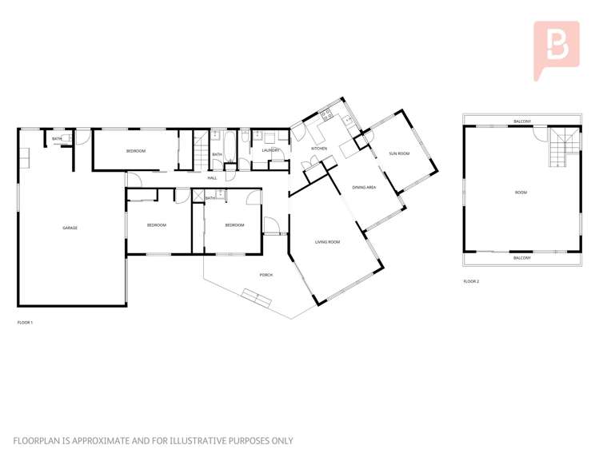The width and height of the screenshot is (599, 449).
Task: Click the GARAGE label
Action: pyautogui.click(x=70, y=228)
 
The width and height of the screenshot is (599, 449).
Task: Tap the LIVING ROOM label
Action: pyautogui.click(x=327, y=241)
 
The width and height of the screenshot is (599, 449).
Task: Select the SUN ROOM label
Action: pyautogui.click(x=399, y=153)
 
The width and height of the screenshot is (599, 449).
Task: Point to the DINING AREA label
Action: pyautogui.click(x=364, y=187)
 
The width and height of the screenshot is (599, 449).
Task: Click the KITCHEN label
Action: pyautogui.click(x=319, y=149)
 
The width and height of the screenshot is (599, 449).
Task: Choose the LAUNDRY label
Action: pyautogui.click(x=270, y=149)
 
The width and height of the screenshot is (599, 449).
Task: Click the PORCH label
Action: pyautogui.click(x=266, y=275)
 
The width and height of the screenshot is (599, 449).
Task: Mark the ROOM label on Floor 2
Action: pyautogui.click(x=521, y=193)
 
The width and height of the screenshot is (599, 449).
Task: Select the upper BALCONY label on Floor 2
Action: pyautogui.click(x=521, y=121)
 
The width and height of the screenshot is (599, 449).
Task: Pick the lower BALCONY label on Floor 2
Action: pyautogui.click(x=521, y=258)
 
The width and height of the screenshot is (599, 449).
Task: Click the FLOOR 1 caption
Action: pyautogui.click(x=25, y=323)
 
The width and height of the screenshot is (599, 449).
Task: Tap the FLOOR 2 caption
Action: pyautogui.click(x=471, y=281)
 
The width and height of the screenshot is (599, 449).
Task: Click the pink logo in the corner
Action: pyautogui.click(x=556, y=50)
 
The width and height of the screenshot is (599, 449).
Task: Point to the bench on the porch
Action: pyautogui.click(x=258, y=299)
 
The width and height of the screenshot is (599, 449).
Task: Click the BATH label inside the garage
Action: pyautogui.click(x=57, y=139)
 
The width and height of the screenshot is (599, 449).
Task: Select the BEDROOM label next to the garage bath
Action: pyautogui.click(x=136, y=151)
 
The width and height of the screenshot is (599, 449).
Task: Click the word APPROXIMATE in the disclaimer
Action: pyautogui.click(x=94, y=440)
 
